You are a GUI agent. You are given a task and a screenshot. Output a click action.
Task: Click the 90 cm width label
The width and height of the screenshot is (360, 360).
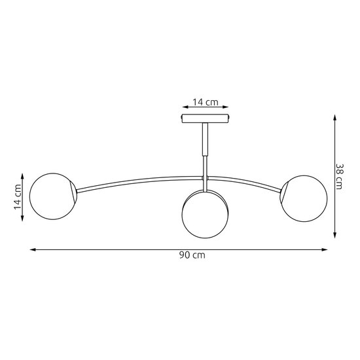tap(192, 255)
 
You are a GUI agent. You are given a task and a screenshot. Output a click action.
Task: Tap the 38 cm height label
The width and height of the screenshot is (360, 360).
tap(339, 176)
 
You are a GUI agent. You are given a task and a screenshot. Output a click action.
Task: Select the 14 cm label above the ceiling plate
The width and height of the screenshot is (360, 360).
tap(206, 102)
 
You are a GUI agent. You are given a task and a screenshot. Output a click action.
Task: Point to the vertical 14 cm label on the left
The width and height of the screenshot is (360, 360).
tap(18, 197)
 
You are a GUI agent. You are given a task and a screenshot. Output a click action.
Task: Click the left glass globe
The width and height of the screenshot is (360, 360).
tap(52, 196)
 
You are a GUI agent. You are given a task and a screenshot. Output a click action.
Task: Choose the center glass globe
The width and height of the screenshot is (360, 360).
tap(205, 215)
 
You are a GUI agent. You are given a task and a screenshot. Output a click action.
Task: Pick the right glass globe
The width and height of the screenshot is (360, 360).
tap(304, 198)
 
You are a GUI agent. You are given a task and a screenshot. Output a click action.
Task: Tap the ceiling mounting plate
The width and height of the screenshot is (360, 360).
tap(206, 118)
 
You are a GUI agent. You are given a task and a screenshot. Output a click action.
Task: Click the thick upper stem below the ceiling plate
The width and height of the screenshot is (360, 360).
tap(206, 139)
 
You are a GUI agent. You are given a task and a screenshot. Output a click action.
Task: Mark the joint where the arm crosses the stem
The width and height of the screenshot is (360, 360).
tap(206, 178)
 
